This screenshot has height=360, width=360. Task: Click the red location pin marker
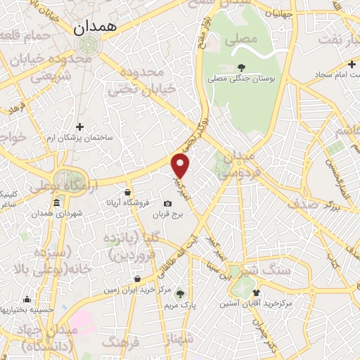point(181,166)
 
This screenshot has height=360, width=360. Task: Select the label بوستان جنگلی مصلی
point(243,78)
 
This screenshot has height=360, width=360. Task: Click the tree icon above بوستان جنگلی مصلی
point(243,67)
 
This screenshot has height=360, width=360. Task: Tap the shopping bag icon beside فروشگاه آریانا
point(127,191)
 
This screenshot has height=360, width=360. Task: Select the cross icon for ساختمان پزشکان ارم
point(79,127)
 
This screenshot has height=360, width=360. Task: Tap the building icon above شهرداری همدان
point(56,202)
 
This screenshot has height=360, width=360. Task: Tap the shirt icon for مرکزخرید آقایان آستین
point(255,292)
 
